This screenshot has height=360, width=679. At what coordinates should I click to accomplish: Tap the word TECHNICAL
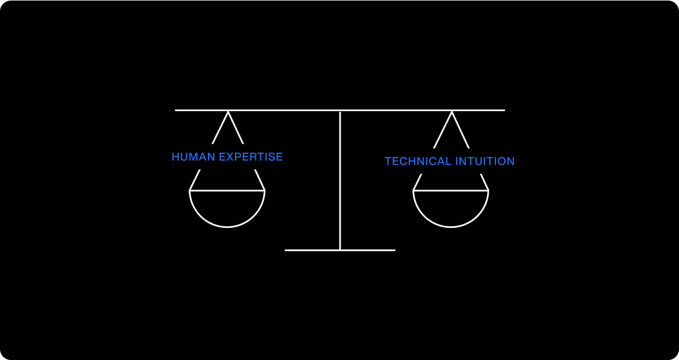tap(417, 161)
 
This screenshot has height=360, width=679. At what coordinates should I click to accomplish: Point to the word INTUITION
tap(485, 161)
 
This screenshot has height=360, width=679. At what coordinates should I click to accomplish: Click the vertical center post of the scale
tap(340, 182)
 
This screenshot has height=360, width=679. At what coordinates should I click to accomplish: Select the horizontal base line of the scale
tap(310, 250)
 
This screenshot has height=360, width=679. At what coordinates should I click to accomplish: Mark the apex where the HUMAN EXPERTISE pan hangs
tap(228, 112)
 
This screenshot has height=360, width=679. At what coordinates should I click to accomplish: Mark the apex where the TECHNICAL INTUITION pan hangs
tap(452, 112)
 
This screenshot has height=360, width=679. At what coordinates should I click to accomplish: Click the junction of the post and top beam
tap(340, 111)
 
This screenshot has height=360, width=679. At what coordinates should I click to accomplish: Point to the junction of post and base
tap(340, 250)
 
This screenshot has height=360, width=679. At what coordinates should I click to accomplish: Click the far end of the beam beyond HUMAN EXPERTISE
tap(176, 110)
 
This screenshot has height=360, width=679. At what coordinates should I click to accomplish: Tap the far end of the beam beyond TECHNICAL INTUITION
tap(503, 110)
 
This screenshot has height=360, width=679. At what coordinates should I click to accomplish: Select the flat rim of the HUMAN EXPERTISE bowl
tap(227, 190)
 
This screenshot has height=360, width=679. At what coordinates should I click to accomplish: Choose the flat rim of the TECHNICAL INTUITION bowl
tap(451, 190)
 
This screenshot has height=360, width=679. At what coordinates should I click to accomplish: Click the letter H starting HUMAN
tap(175, 157)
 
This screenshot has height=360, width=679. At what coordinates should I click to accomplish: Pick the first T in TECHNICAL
tap(388, 161)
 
